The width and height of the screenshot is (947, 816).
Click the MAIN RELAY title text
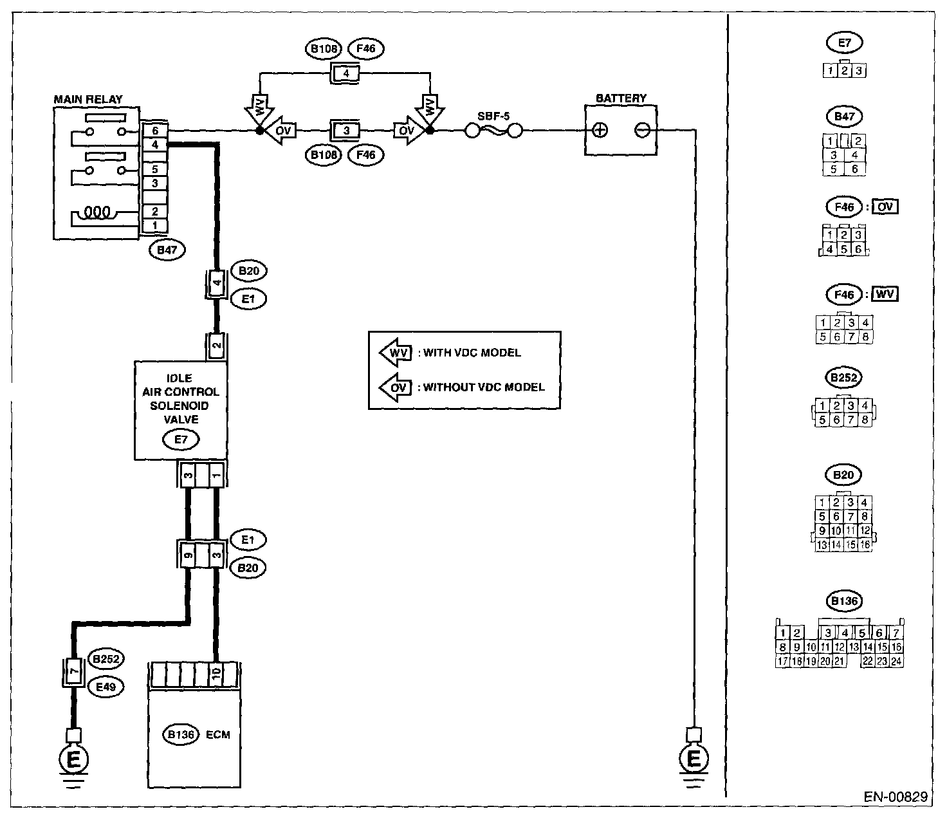pos(88,99)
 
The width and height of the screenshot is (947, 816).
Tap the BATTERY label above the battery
pos(621,98)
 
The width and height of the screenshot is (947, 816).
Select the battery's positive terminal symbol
pos(600,131)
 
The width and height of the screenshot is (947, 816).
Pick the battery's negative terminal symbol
pos(642,131)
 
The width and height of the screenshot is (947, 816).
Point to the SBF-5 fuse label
pos(493,116)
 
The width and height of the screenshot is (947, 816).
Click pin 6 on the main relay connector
pos(155,131)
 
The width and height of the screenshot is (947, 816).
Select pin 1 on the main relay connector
pos(155,225)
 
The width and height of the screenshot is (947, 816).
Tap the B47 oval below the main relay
pos(167,250)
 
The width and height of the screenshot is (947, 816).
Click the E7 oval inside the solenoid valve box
pos(181,440)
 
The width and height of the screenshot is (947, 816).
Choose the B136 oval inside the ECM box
pos(181,734)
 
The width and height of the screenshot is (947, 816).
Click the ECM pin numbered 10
pos(216,673)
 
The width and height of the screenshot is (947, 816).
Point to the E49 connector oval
pos(106,687)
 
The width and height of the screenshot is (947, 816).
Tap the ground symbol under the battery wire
pos(694,764)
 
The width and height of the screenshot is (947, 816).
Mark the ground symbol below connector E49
pos(73,764)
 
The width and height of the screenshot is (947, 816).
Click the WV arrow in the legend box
pos(396,353)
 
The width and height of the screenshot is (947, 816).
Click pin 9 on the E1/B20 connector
pos(188,555)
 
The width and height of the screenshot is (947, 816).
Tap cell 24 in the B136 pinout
pos(896,661)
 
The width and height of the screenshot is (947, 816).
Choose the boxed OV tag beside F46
pos(885,207)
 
